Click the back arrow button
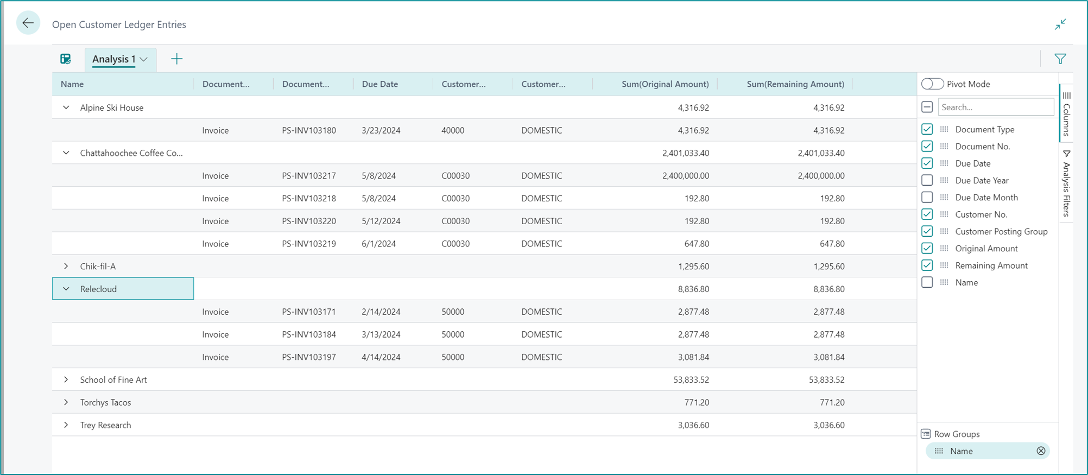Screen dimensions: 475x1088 point(28,23)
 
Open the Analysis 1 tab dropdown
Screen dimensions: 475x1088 point(144,59)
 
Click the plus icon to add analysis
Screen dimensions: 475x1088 point(176,59)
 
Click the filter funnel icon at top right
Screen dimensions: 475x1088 point(1060,59)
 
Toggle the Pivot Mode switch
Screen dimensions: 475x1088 point(932,84)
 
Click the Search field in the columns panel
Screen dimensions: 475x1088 point(996,107)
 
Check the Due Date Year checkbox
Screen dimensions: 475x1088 point(927,180)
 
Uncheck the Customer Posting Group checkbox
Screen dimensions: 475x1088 point(927,231)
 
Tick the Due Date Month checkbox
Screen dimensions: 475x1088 point(927,197)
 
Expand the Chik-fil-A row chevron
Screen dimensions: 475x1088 point(66,267)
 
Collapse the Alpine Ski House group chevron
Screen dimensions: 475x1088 point(66,107)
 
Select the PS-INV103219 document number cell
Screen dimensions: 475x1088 point(309,244)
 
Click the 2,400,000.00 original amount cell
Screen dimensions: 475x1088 point(685,176)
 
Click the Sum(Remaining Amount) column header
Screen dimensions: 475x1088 point(795,84)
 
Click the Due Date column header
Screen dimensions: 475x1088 point(380,84)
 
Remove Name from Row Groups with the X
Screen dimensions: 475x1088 point(1041,451)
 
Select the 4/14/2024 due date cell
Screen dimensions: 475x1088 point(381,357)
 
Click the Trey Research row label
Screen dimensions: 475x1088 point(105,425)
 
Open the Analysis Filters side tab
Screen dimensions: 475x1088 point(1066,185)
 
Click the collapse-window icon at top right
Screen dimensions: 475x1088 point(1060,24)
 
